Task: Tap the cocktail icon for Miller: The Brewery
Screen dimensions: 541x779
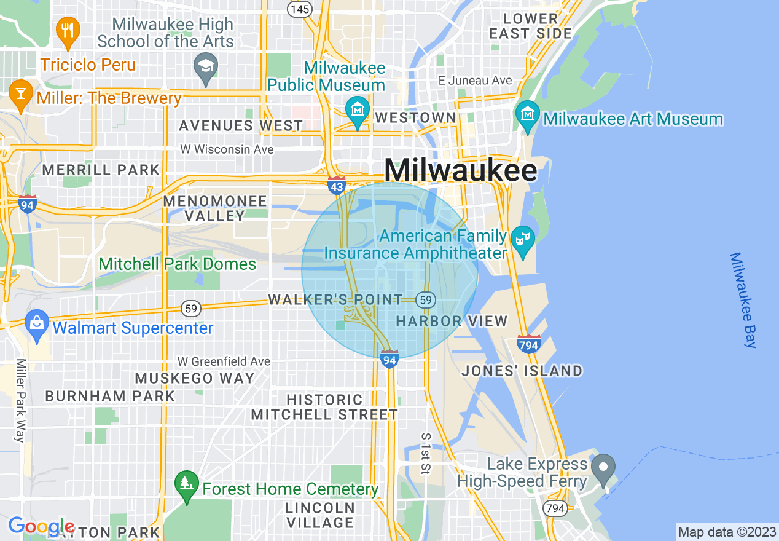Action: coord(21,94)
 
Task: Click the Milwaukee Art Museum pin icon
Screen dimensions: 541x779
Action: coord(527,114)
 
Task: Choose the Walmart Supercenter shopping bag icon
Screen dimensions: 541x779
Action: coord(37,323)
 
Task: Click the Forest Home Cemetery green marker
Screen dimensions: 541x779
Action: coord(186,484)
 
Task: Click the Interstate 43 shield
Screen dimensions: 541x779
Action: coord(337,185)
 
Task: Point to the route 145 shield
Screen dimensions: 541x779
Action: coord(299,9)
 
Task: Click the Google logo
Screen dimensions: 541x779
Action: coord(41,526)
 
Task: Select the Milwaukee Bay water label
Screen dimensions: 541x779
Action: coord(744,300)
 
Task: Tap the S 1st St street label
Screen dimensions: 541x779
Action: coord(425,453)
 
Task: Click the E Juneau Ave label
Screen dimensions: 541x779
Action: coord(475,81)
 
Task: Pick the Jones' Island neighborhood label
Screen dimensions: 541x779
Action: coord(522,371)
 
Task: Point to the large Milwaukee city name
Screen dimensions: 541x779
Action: coord(460,170)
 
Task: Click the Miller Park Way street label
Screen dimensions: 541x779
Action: coord(20,400)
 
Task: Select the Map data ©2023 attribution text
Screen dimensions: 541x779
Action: coord(726,532)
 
